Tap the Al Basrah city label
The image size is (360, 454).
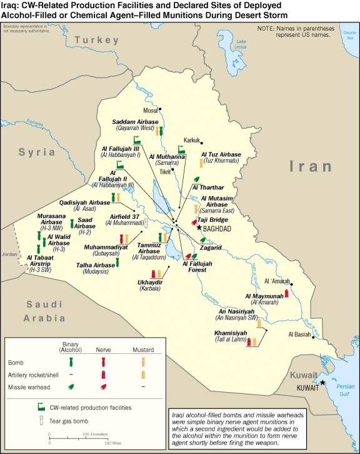click(x=299, y=334)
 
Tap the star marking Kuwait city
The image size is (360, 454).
click(x=322, y=382)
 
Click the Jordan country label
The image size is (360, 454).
click(x=9, y=255)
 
